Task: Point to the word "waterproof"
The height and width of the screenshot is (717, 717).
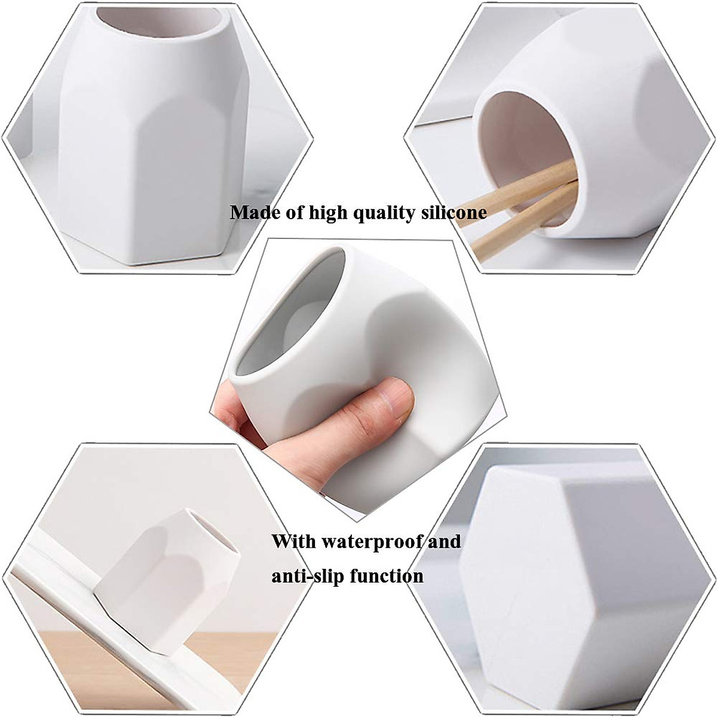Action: pyautogui.click(x=372, y=543)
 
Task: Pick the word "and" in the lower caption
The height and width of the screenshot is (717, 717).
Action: pyautogui.click(x=443, y=542)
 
